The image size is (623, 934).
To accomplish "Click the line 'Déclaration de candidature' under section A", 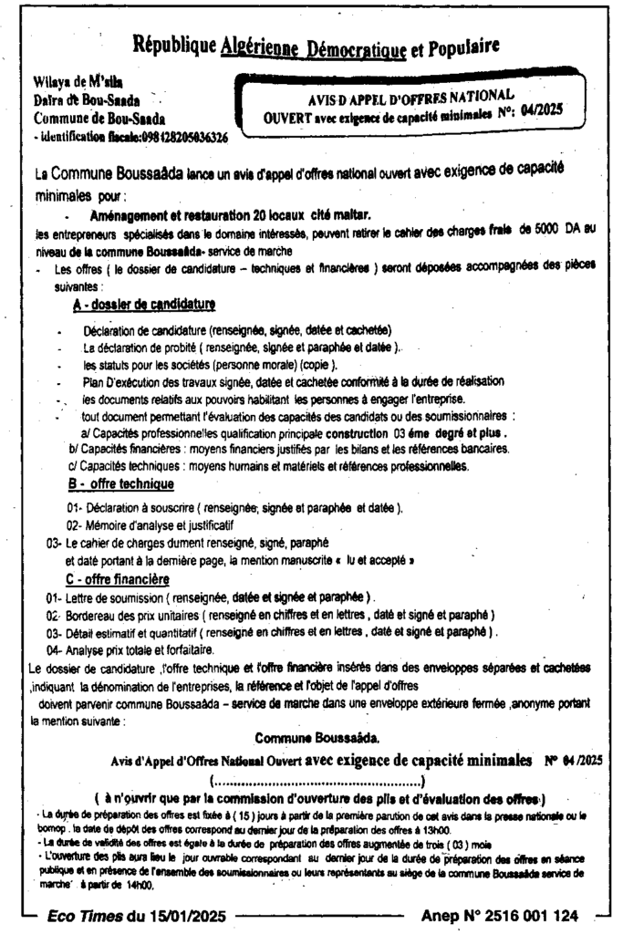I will [x=236, y=330].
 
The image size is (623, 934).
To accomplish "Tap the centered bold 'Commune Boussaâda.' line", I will [x=317, y=737].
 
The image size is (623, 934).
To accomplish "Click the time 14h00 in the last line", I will [x=135, y=885].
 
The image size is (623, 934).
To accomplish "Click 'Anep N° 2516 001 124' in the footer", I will [x=499, y=914].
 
